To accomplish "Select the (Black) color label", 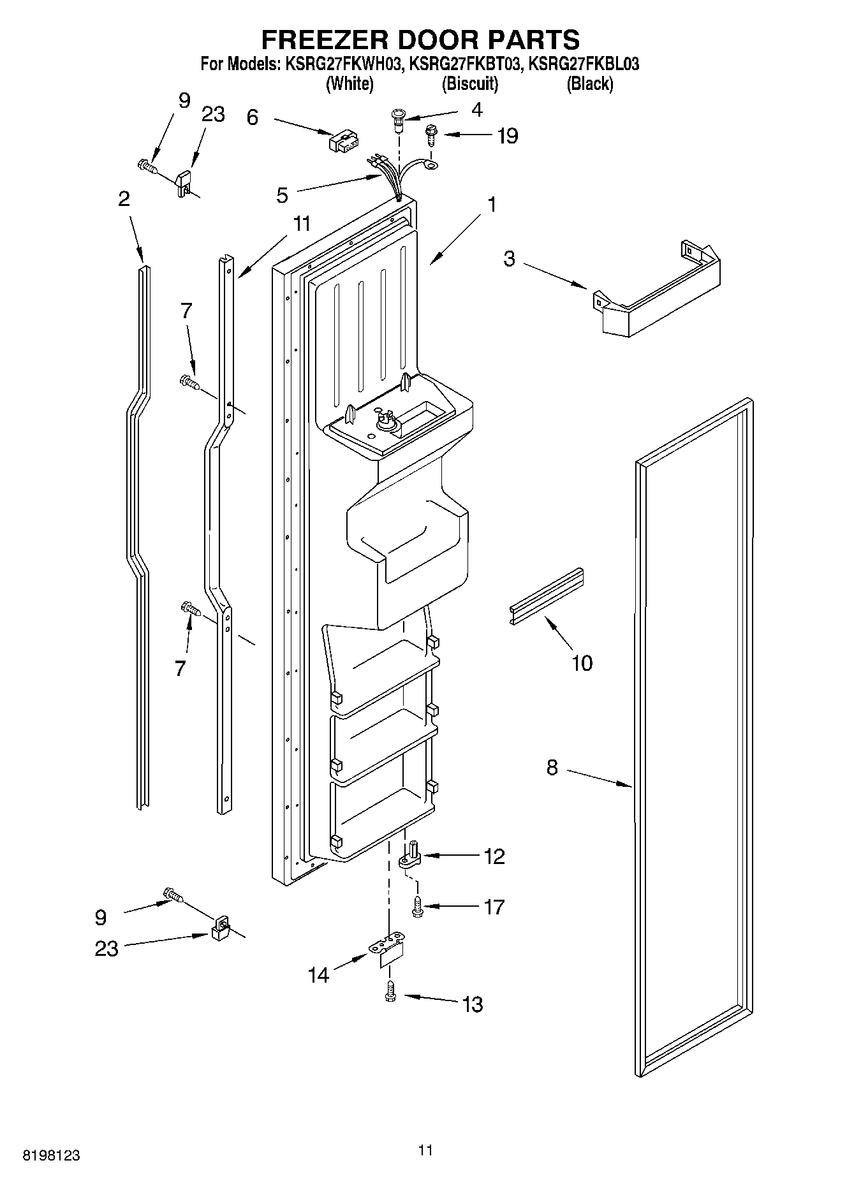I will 589,84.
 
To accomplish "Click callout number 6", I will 253,117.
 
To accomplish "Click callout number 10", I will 582,663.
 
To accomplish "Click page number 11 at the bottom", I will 425,1150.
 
